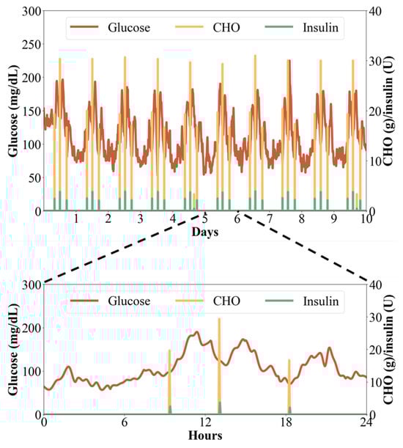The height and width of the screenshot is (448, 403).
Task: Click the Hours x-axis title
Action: click(x=204, y=435)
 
